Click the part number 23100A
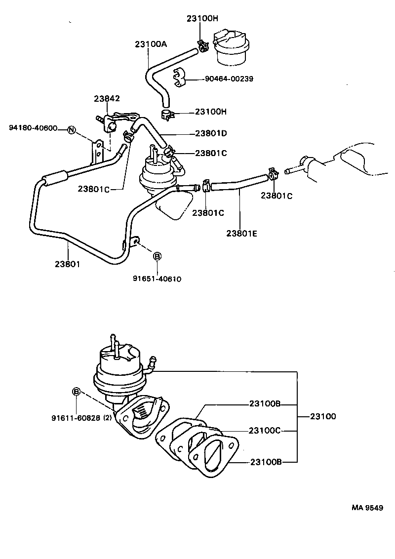click(151, 44)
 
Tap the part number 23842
click(107, 99)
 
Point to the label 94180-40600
click(33, 128)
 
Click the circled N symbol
click(71, 130)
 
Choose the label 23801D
click(211, 133)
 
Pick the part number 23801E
click(241, 234)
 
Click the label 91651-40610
click(157, 279)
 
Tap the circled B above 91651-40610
click(157, 256)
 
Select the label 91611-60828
click(76, 418)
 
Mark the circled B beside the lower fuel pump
click(77, 392)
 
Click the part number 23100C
click(265, 431)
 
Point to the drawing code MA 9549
click(367, 508)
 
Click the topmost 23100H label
click(202, 18)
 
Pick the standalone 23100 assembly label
click(323, 416)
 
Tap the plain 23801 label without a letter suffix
click(68, 264)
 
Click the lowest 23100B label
click(265, 462)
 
